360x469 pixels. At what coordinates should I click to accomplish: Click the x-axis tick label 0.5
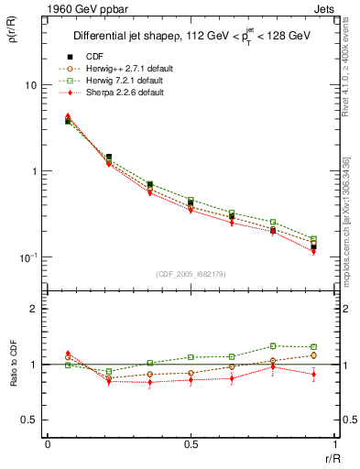coord(191,444)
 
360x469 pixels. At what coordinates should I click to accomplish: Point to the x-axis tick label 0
coord(48,444)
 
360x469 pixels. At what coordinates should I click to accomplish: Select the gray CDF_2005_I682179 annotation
coord(191,272)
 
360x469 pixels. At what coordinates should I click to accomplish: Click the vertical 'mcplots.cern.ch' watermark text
coord(345,235)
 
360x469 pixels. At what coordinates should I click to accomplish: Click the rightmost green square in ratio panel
coord(313,347)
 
